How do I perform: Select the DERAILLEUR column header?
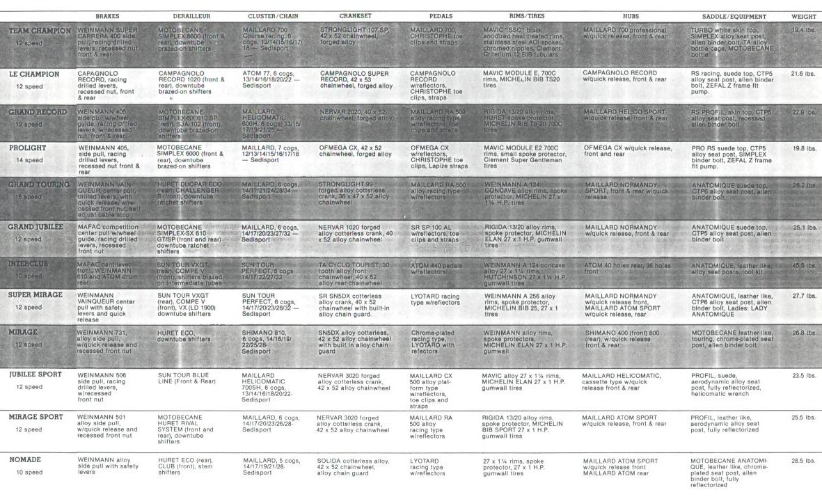(x=184, y=16)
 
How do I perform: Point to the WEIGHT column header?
(x=803, y=16)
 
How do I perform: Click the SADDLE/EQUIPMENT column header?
(x=728, y=16)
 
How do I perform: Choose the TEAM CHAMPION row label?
(x=40, y=31)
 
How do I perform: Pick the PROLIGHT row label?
(x=29, y=148)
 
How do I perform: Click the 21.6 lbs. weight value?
(x=803, y=74)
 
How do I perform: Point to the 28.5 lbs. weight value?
(x=803, y=461)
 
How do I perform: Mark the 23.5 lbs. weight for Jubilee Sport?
(x=803, y=376)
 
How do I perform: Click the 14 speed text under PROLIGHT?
(x=29, y=160)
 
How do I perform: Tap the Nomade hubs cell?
(x=619, y=467)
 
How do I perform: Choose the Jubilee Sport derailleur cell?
(x=184, y=379)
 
